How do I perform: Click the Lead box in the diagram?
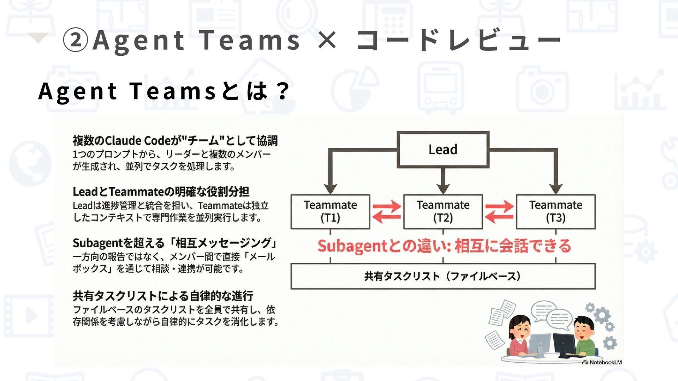(443, 150)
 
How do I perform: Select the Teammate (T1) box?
(330, 212)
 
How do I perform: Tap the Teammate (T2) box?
(443, 212)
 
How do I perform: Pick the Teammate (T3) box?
(555, 212)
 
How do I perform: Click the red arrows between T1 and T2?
(387, 212)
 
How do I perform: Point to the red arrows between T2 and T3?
(499, 212)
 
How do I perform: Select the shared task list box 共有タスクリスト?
(443, 276)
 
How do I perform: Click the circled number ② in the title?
(75, 40)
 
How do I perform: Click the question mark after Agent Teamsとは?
(282, 91)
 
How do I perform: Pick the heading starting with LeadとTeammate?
(161, 192)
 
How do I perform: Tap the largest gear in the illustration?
(602, 315)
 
